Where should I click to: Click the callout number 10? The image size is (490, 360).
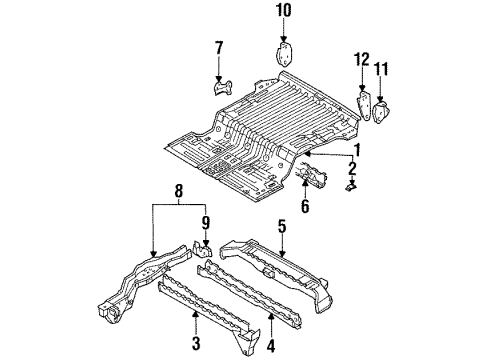tap(283, 10)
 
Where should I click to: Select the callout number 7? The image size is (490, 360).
tap(219, 48)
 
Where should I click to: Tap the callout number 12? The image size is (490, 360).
tap(362, 59)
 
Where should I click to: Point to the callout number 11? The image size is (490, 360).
tap(381, 69)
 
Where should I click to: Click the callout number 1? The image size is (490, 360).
tap(357, 150)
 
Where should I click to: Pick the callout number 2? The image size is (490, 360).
tap(352, 168)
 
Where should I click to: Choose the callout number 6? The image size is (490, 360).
tap(305, 206)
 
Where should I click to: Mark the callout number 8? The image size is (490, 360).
tap(179, 191)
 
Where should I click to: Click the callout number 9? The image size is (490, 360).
tap(206, 223)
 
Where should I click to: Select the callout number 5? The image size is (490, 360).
tap(282, 227)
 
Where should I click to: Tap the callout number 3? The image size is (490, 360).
tap(196, 343)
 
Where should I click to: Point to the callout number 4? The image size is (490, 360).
tap(271, 345)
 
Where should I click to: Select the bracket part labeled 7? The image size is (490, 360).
tap(223, 87)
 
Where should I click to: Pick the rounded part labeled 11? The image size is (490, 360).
tap(380, 112)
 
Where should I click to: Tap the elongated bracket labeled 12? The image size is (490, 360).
tap(364, 104)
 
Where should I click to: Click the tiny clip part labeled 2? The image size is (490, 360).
tap(351, 186)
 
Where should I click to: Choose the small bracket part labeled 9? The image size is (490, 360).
tap(202, 249)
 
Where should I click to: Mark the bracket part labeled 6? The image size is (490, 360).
tap(311, 173)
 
